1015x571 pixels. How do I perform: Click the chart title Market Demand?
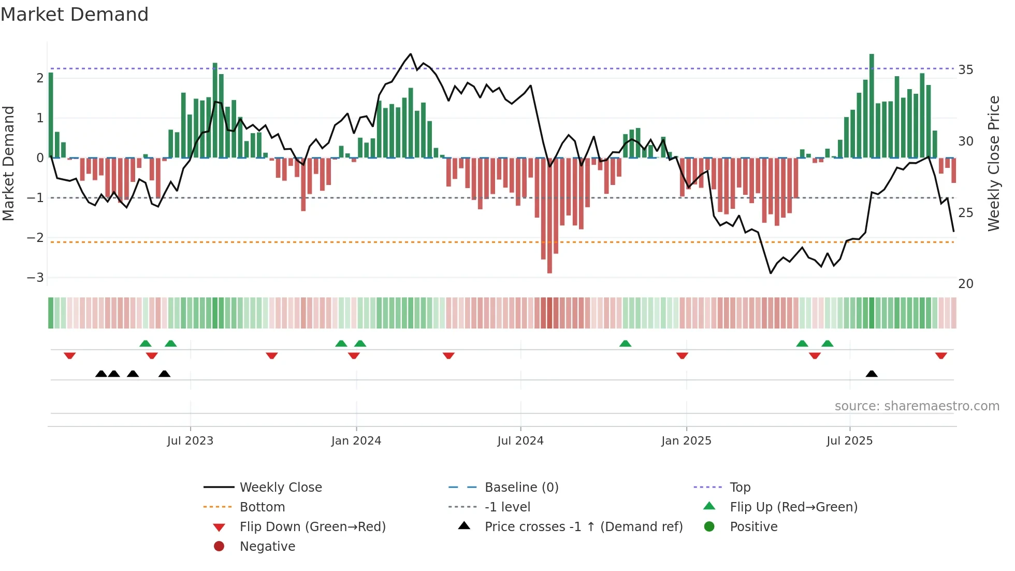pos(75,15)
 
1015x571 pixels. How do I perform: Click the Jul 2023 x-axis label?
pos(190,441)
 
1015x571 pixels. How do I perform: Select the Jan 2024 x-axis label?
pos(356,441)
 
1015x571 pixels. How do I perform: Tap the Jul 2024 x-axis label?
pos(520,441)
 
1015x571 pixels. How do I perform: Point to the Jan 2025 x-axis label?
pos(686,441)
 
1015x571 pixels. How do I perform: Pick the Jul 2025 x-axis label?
pos(850,441)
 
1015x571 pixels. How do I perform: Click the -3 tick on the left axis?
pos(36,278)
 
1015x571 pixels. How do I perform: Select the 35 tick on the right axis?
pos(965,70)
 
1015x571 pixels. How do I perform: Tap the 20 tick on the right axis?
pos(965,284)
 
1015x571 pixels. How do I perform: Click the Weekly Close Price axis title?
pos(993,163)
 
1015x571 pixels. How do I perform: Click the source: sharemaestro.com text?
pos(917,406)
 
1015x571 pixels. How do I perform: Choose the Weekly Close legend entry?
pos(280,488)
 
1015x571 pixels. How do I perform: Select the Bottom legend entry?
pos(262,507)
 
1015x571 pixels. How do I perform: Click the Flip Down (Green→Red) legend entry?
pos(312,527)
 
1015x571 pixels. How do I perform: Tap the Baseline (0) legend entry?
pos(521,488)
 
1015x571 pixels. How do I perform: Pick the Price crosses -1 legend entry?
pos(583,527)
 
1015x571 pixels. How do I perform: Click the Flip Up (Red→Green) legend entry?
pos(793,507)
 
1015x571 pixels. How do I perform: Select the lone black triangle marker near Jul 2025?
pos(872,374)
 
